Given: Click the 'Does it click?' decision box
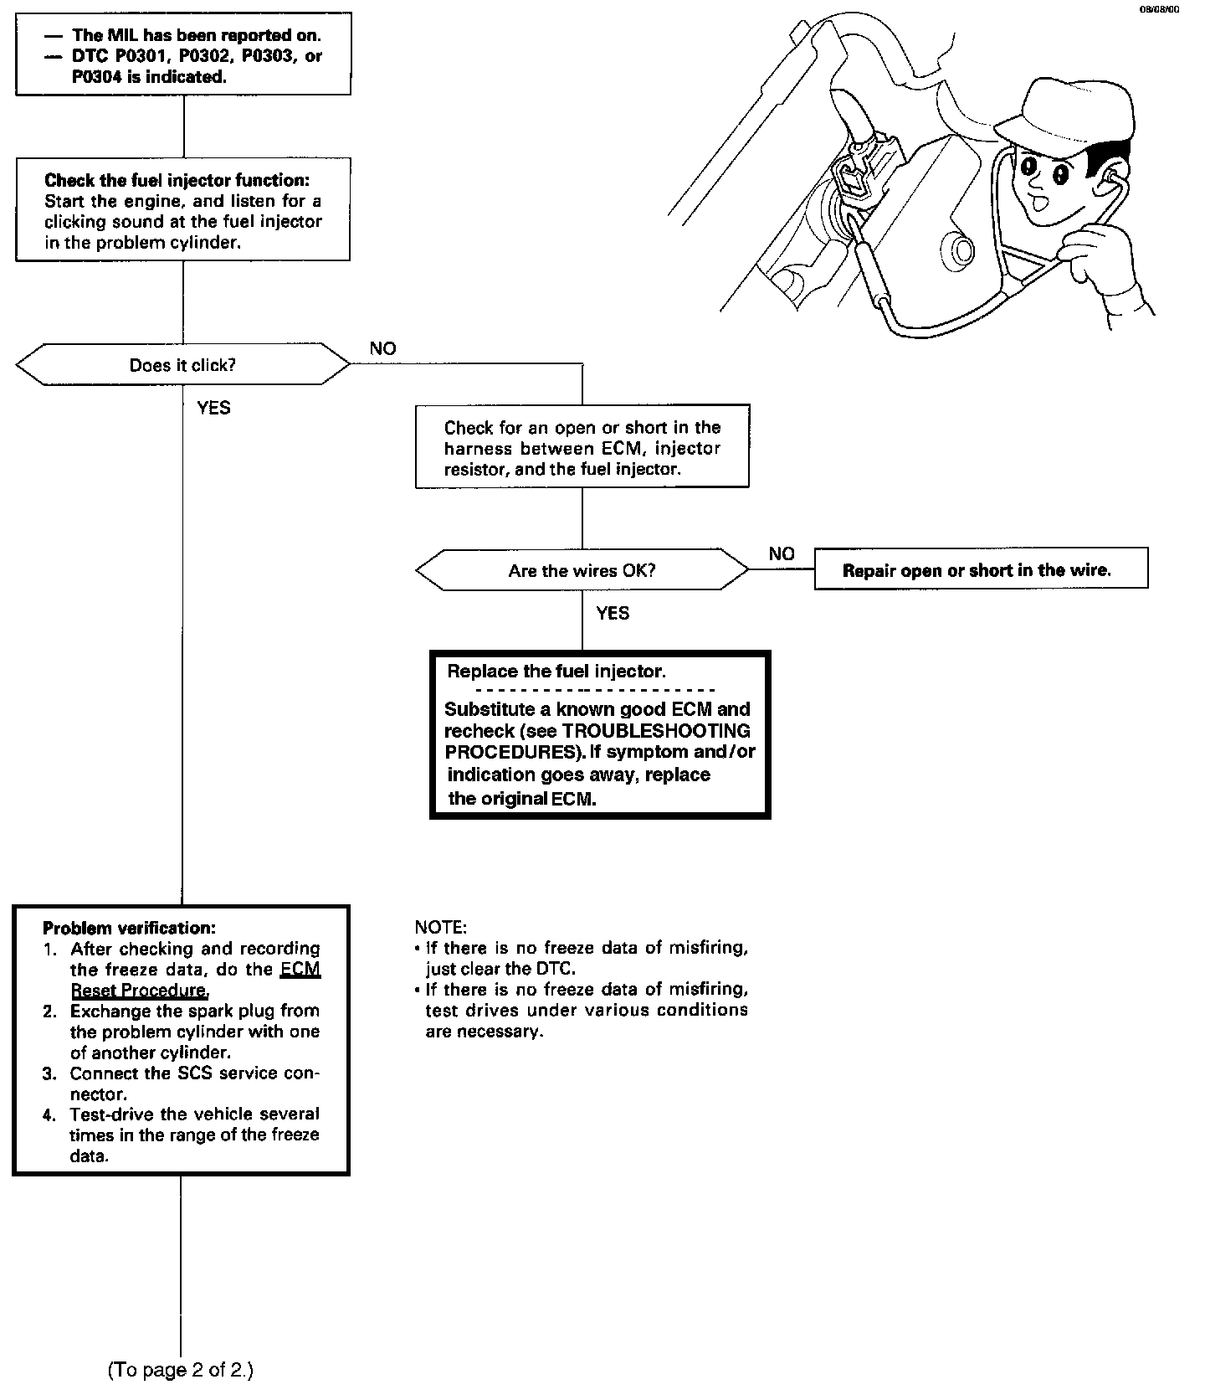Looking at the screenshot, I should pos(182,365).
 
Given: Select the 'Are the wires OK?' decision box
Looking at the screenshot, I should pos(582,571).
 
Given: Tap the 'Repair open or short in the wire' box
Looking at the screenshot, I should pos(977,571).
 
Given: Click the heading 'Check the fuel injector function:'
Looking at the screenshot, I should pos(182,180).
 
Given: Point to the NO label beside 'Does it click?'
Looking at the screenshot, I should pos(382,349).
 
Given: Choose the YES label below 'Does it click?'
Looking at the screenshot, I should pos(213,408).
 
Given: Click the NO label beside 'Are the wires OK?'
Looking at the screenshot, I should pos(782,554).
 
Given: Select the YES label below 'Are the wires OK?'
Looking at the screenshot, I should pos(613,614).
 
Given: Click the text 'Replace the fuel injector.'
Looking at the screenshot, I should pos(556,672).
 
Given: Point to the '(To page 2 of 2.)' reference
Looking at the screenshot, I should pos(180,1370).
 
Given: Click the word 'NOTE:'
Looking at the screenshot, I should pos(440,928).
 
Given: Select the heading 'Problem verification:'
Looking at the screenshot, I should pos(129,928).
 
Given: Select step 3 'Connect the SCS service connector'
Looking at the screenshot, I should pos(194,1083).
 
